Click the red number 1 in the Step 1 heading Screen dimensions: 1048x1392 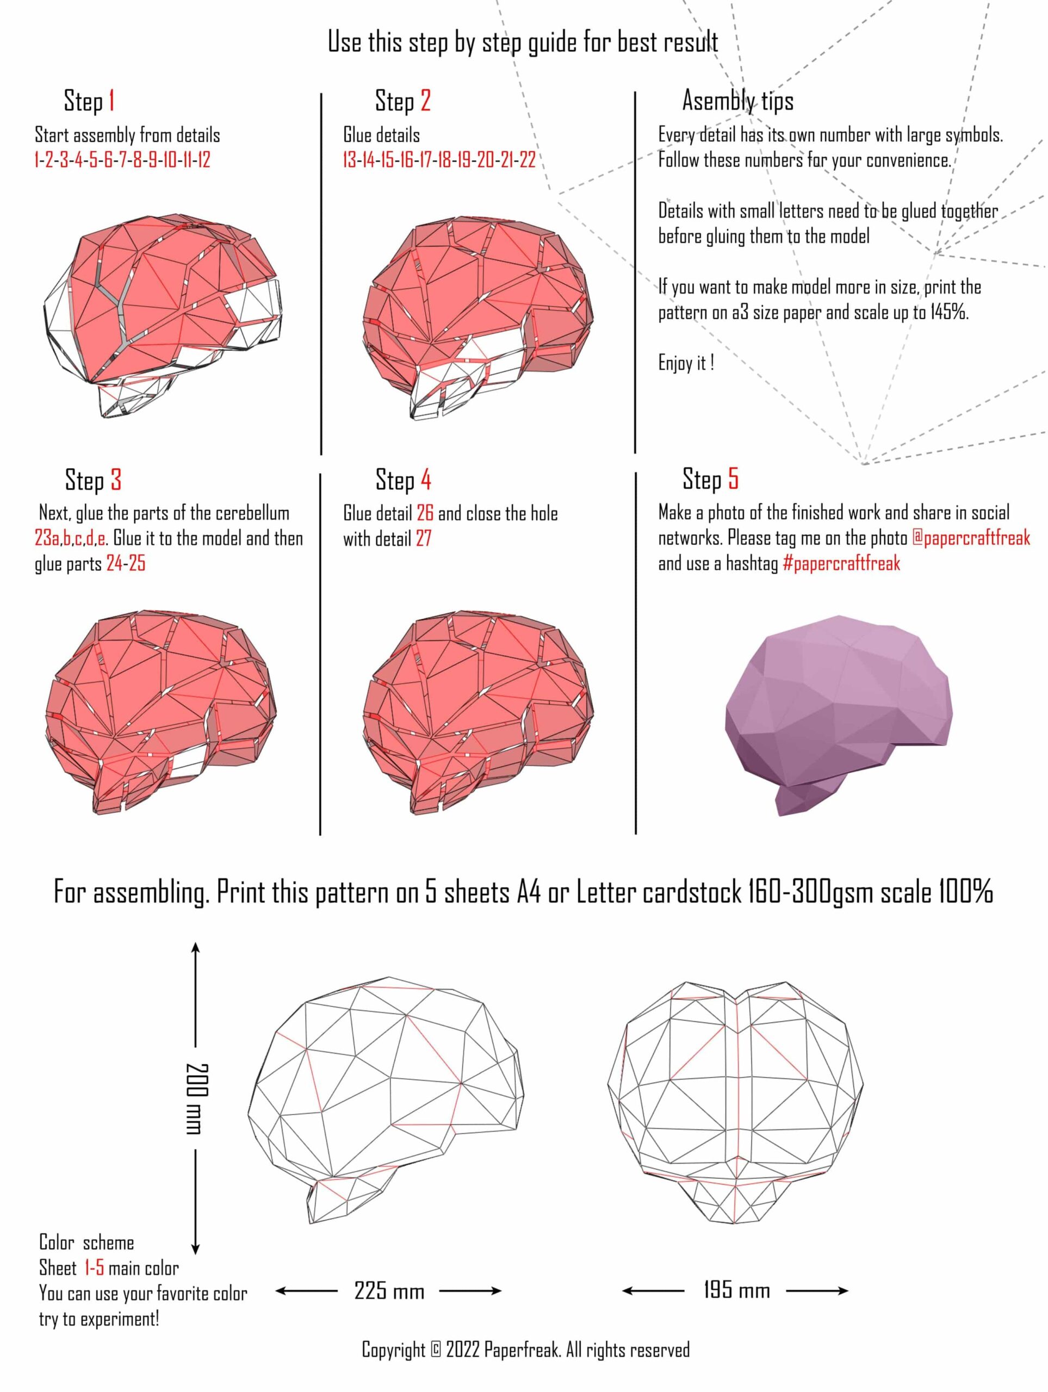(x=111, y=101)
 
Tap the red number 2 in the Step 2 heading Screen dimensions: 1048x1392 (x=425, y=101)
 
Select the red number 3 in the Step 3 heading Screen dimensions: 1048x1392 (x=116, y=480)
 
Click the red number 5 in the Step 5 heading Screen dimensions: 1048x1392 (x=733, y=479)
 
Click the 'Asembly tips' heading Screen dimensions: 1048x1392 (x=737, y=101)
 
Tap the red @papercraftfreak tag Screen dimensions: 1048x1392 (x=971, y=538)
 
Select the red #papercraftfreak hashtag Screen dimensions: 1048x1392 (x=841, y=563)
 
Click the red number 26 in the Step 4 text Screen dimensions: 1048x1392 (x=425, y=513)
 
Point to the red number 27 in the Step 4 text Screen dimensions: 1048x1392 (x=424, y=539)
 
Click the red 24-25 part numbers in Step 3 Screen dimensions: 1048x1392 (x=126, y=564)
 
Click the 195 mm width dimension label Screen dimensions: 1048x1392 (x=736, y=1291)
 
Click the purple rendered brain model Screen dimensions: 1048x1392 (x=839, y=714)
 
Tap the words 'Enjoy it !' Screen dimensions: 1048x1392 (x=686, y=363)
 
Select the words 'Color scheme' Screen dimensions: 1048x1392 (x=86, y=1243)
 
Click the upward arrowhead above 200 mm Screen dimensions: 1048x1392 (x=195, y=949)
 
